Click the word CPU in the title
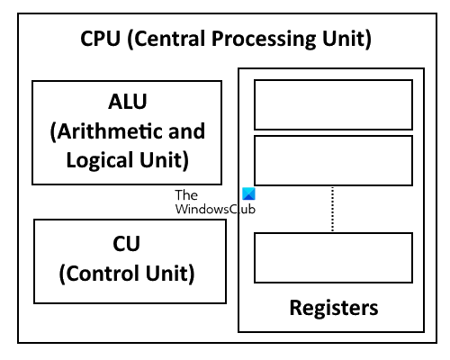[100, 39]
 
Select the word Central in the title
[168, 39]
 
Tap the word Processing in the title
[264, 40]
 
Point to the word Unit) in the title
[346, 39]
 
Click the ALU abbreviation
[128, 102]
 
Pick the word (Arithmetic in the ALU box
[106, 131]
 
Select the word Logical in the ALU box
[100, 160]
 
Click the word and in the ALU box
[186, 131]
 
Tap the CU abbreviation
[126, 244]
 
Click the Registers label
[334, 309]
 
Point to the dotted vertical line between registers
[332, 209]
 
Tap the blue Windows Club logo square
[248, 193]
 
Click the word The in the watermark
[186, 195]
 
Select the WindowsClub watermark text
[215, 209]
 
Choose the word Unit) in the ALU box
[165, 160]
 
